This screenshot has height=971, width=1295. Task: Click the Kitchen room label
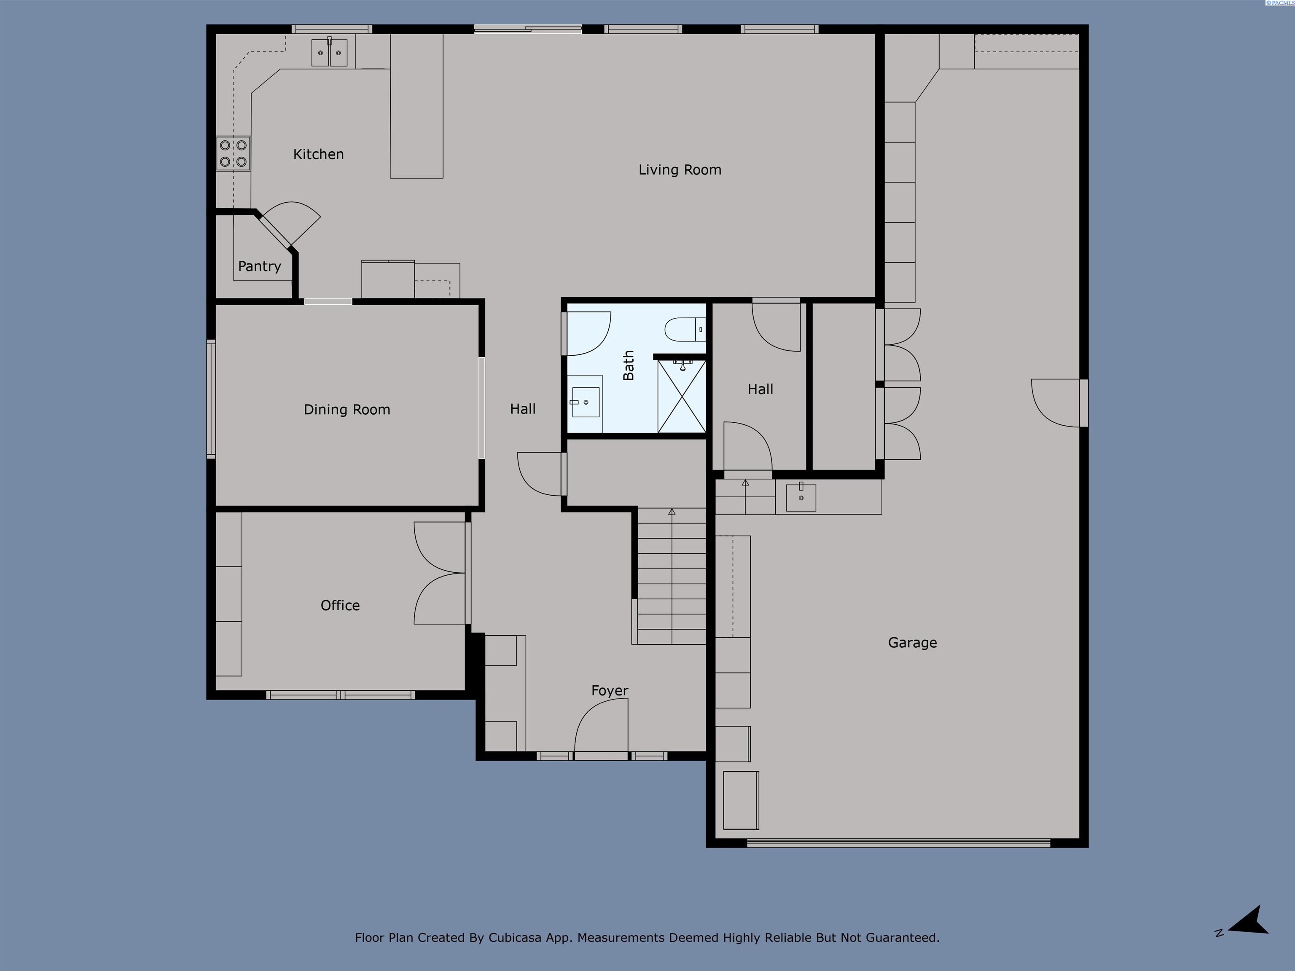point(319,154)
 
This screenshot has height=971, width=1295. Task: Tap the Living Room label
point(680,170)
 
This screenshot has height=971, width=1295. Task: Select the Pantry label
point(259,266)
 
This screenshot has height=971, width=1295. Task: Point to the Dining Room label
point(347,410)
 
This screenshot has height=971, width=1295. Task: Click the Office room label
point(340,605)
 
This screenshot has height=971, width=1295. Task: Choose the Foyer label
point(610,691)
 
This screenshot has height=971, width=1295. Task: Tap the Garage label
point(912,643)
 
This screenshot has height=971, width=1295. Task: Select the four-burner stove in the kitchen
point(234,153)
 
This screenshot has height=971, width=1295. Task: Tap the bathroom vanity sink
point(585,402)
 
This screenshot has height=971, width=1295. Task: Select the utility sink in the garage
point(800,497)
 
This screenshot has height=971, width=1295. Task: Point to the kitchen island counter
point(416,106)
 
